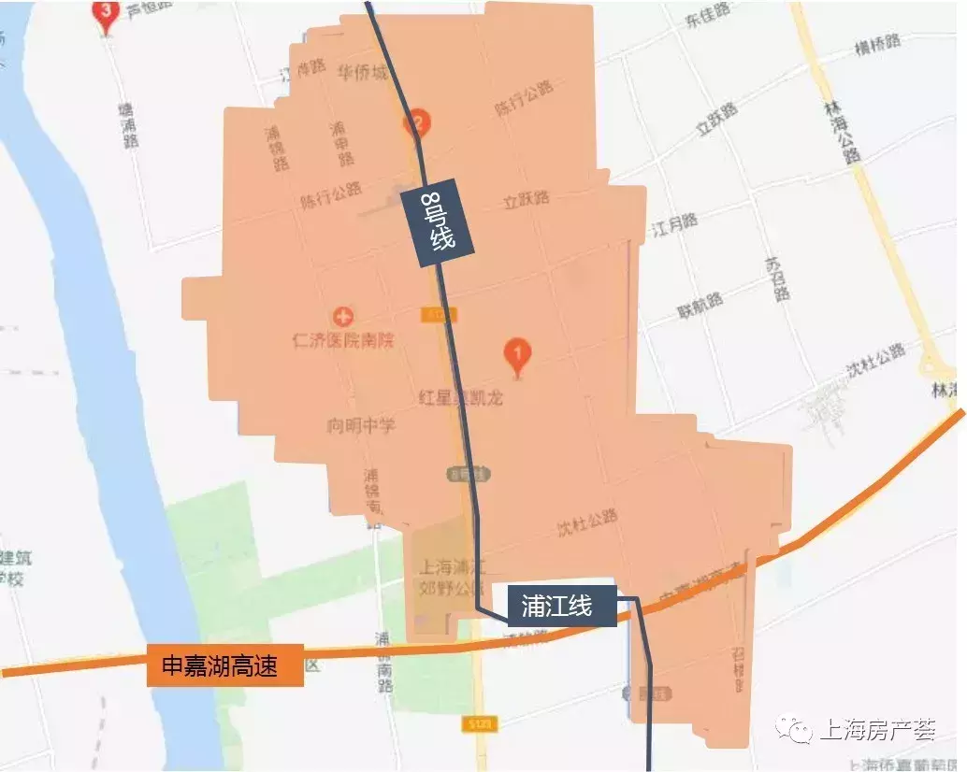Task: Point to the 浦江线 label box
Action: tap(556, 606)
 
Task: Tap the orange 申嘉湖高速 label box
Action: tap(224, 665)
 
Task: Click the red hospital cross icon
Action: tap(343, 316)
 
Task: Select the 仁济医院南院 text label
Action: tap(343, 340)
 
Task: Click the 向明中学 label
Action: tap(360, 426)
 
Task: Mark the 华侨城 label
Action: tap(363, 72)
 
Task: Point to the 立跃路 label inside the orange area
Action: tap(526, 199)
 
